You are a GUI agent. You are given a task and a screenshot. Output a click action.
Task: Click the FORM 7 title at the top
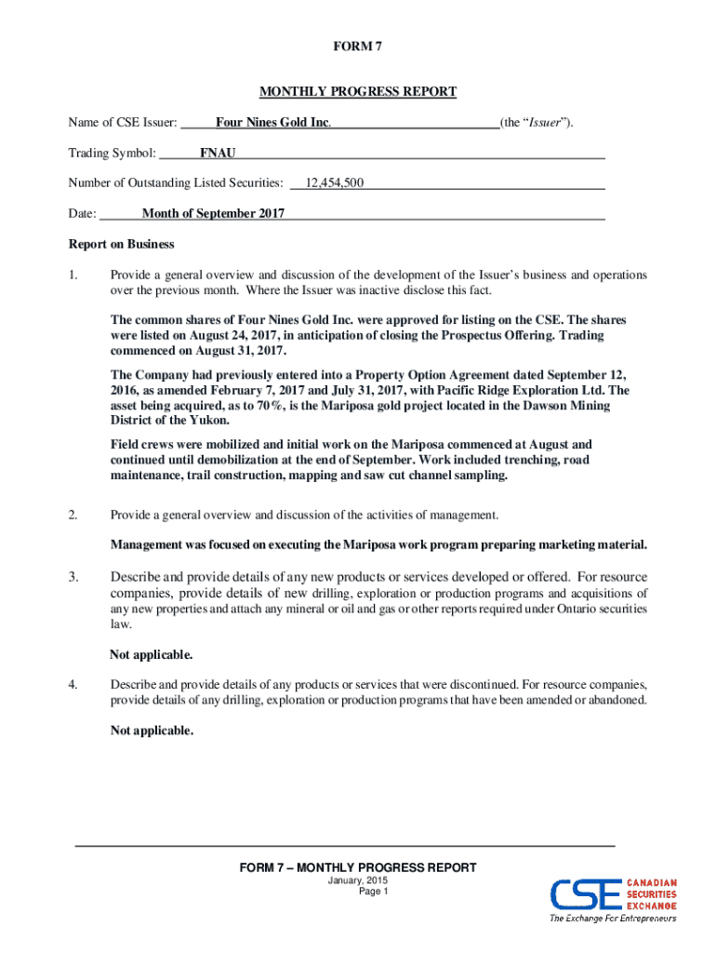(358, 47)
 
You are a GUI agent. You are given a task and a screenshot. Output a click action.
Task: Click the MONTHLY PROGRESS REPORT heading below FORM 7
(358, 91)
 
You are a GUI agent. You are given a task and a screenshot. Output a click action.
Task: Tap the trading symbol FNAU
(218, 153)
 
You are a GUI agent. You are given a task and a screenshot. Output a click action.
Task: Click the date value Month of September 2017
(213, 214)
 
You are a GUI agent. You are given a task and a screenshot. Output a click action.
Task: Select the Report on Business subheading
(121, 245)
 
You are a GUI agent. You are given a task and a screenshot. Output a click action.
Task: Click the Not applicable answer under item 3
(152, 654)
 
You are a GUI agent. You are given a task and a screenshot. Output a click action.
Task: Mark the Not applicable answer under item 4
(152, 731)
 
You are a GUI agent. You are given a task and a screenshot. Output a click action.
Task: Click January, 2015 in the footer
(358, 880)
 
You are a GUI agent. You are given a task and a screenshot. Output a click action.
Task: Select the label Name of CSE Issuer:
(122, 123)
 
